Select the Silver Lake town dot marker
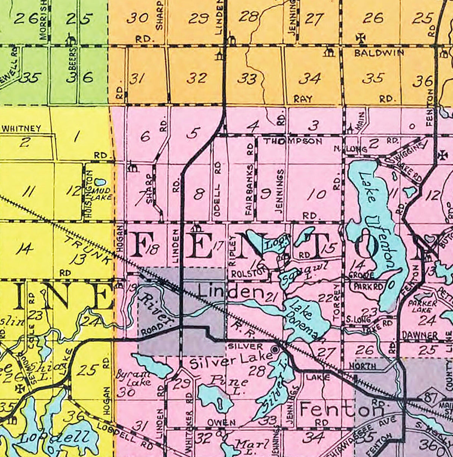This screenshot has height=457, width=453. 275,350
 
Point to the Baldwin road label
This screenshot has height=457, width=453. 379,53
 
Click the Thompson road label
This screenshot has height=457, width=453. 293,141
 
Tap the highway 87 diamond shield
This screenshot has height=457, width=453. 426,398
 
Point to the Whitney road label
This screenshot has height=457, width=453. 21,129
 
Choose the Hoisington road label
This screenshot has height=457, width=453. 89,195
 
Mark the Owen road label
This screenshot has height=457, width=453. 221,422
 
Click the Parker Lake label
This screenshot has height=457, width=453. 422,306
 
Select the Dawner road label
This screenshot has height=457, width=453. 419,335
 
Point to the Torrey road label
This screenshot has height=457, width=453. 337,303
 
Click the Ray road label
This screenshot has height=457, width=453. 303,99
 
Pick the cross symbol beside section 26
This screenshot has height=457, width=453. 360,38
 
